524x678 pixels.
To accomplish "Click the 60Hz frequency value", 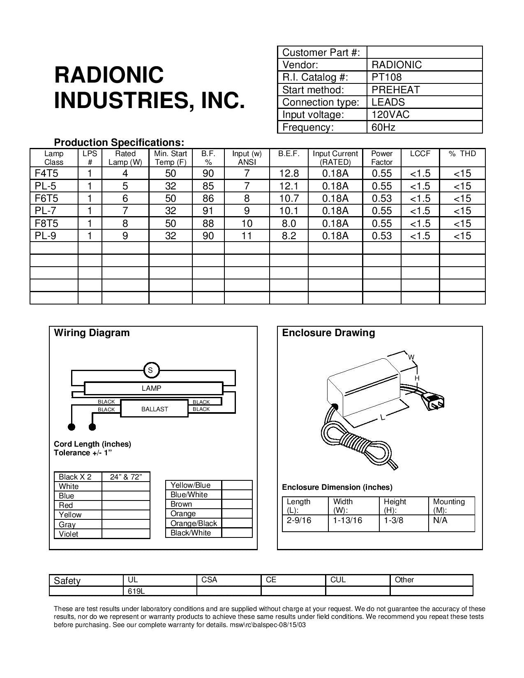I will (383, 127).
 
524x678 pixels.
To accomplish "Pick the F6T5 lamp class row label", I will (46, 198).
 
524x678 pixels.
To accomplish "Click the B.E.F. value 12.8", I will (289, 173).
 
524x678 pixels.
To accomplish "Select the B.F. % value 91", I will (208, 211).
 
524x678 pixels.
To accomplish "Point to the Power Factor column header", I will (381, 158).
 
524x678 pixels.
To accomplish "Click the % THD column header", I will (462, 154).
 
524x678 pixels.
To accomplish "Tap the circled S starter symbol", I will (150, 370).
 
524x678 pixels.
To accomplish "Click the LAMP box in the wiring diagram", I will (151, 388).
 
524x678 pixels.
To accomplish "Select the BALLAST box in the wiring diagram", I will (155, 409).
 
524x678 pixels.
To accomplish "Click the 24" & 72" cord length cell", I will (126, 477).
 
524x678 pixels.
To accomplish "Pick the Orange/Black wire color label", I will (194, 523).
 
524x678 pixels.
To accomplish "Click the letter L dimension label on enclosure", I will (382, 417).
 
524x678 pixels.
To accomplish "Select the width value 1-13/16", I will (348, 520).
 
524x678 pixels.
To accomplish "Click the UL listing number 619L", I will (134, 591).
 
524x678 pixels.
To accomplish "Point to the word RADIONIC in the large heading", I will (109, 75).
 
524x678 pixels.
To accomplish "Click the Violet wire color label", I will (68, 534).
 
